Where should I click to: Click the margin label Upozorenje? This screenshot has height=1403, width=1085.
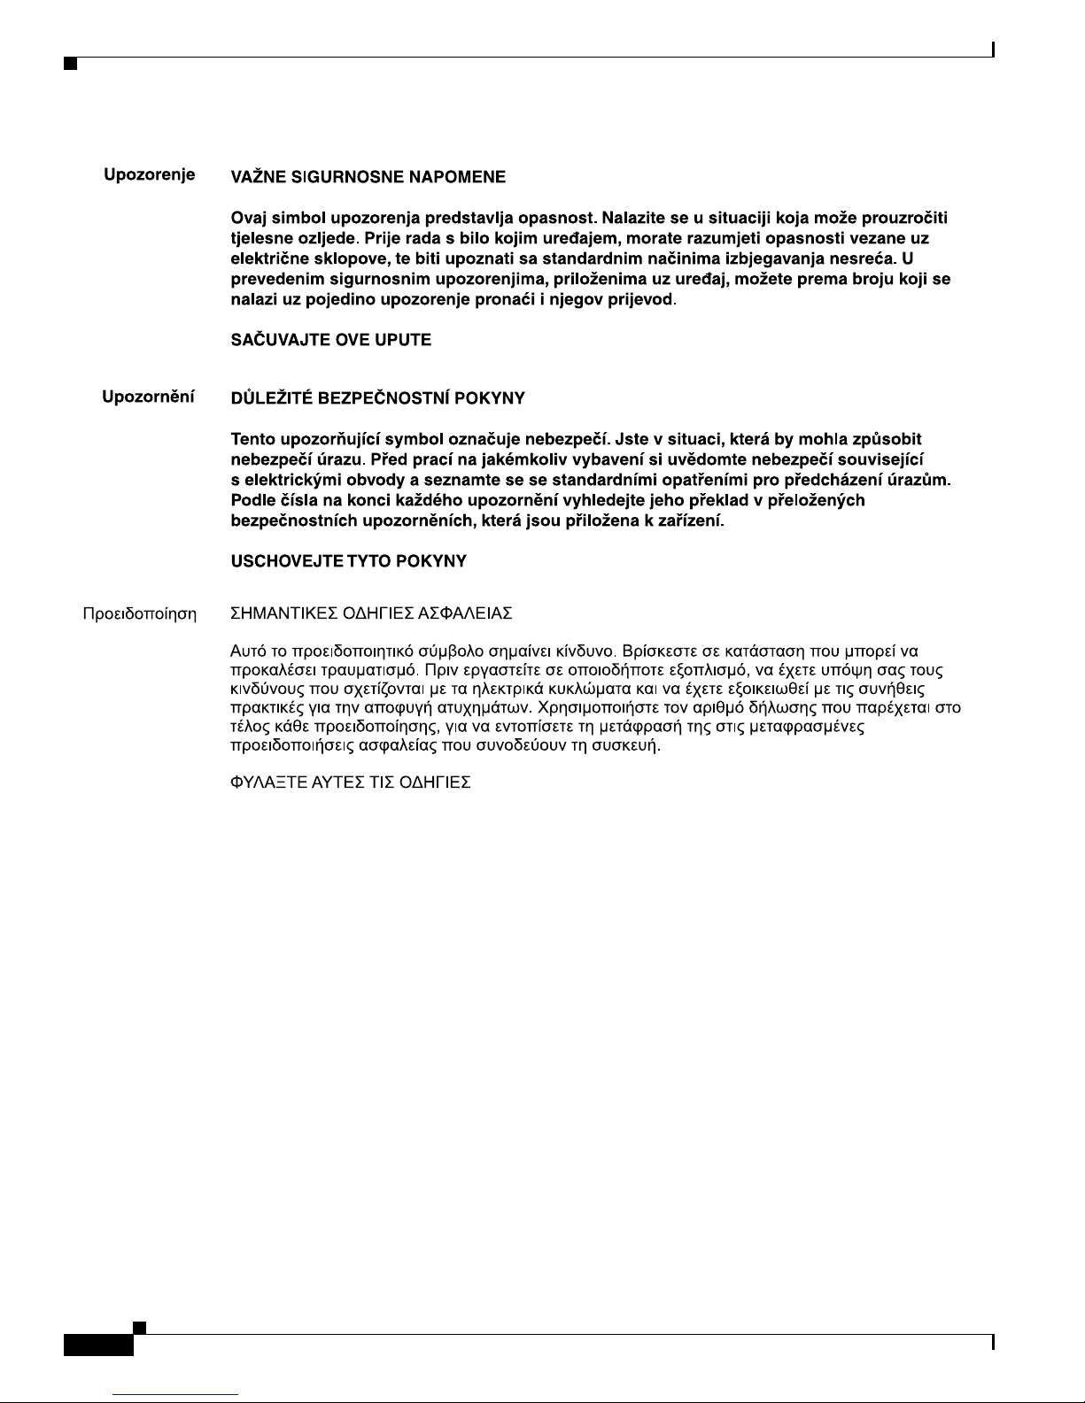click(x=150, y=174)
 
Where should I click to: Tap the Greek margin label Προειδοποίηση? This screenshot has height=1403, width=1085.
click(x=139, y=613)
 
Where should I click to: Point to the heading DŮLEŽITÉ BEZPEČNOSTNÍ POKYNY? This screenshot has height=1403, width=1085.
click(x=377, y=398)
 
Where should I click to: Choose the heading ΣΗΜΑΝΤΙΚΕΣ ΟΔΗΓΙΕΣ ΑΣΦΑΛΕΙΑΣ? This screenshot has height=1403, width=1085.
click(x=371, y=613)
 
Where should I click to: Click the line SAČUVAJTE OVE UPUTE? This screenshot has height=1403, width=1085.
click(x=330, y=340)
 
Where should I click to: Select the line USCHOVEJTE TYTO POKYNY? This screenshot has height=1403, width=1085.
click(x=348, y=561)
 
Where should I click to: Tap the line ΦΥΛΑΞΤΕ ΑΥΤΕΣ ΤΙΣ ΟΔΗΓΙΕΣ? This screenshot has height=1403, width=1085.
click(x=350, y=783)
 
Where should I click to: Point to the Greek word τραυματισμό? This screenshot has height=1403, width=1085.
click(x=368, y=670)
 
